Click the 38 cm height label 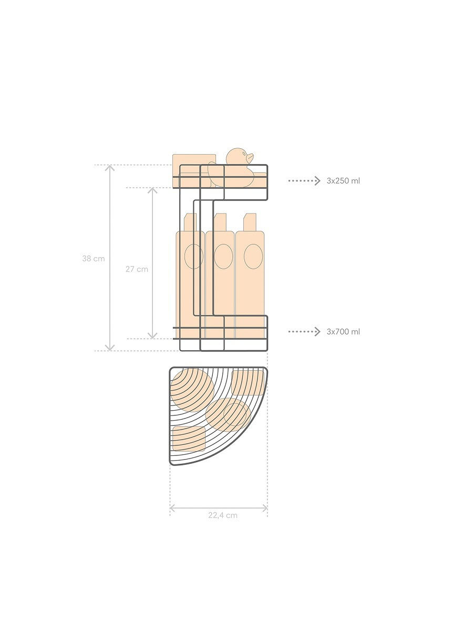point(94,258)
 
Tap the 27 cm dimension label point(137,269)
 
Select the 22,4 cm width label point(223,515)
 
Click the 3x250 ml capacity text point(343,181)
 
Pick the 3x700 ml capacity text point(343,331)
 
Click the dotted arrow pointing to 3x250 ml point(304,180)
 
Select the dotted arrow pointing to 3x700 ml point(304,331)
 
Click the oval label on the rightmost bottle point(253,257)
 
